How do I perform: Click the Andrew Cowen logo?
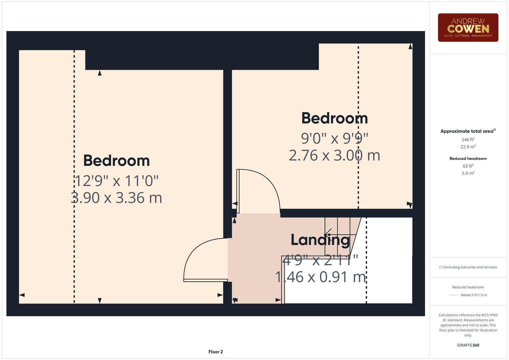coord(468,27)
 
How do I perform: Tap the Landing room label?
coord(320,240)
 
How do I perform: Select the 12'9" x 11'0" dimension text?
coord(116,181)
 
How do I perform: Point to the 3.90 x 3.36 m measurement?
coord(116,198)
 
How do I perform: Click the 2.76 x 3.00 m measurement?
coord(334,155)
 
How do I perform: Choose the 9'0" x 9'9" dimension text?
coord(334,138)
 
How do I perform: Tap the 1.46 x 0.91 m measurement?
coord(320,277)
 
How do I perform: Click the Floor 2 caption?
coord(215,352)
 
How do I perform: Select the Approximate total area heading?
coord(468,131)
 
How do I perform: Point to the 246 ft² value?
coord(468,140)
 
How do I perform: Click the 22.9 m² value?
coord(468,147)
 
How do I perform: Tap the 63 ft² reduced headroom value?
coord(468,166)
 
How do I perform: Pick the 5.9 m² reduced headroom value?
coord(468,173)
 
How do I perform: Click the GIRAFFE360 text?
coord(468,345)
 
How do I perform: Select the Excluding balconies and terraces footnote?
coord(468,267)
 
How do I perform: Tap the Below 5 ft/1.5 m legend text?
coord(474,295)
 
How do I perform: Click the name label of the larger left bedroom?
coord(116,161)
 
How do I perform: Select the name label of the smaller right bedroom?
coord(334,118)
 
